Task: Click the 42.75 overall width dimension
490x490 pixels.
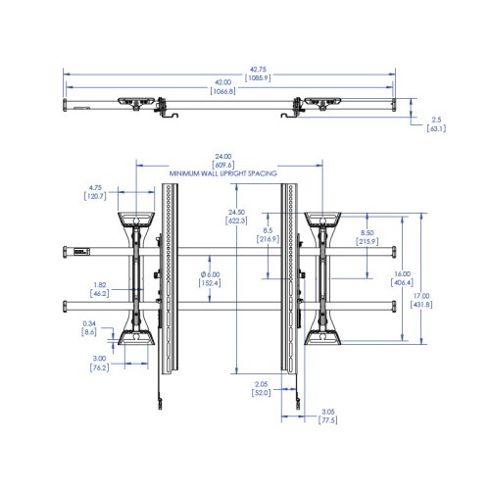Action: coord(258,70)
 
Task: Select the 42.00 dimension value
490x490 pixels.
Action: coord(222,82)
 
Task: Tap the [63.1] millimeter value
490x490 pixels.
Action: coord(436,128)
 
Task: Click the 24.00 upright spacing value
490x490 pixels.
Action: coord(223,157)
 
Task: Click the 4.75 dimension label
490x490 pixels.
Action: coord(95,188)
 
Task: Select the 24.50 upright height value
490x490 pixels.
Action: coord(236,213)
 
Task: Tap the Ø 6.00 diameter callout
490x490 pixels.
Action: coord(210,274)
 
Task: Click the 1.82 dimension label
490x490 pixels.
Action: coord(100,285)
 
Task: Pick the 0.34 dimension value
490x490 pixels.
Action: coord(89,323)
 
